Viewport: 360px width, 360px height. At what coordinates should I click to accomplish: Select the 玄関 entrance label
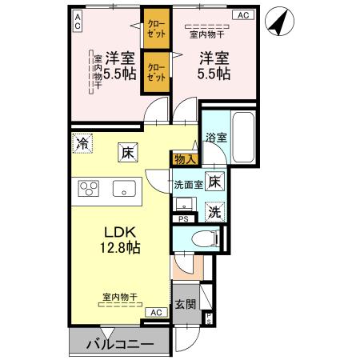coord(185,304)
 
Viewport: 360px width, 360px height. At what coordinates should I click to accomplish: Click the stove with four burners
coord(87,189)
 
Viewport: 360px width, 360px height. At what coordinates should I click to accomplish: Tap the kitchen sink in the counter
coord(123,190)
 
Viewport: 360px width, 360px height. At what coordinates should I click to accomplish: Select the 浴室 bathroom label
coord(215,137)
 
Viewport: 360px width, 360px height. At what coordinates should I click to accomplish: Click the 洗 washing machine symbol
coord(214,211)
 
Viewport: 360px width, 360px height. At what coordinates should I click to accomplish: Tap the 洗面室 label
coord(188,184)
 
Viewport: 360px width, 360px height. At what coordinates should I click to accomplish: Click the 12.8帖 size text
coord(120,247)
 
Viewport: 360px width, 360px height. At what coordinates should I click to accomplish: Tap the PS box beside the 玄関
coord(209,318)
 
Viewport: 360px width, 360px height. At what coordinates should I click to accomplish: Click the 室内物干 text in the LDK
coord(119,297)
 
